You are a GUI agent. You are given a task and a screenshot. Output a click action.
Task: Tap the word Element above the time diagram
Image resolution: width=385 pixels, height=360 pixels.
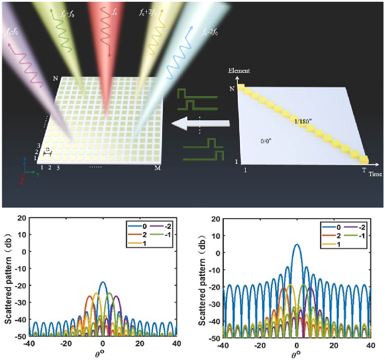239,71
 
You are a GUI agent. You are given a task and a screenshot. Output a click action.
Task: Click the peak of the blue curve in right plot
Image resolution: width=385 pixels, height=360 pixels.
296,244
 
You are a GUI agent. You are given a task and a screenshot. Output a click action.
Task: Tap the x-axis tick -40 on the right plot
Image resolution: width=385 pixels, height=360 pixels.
222,344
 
